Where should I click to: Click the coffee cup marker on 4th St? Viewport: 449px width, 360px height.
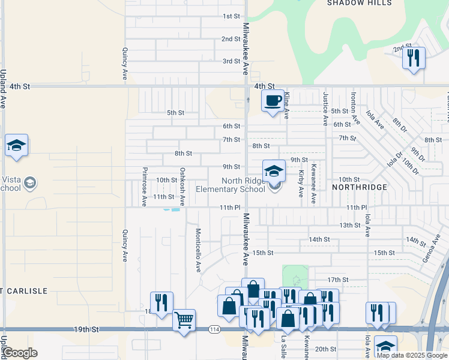[x=274, y=100]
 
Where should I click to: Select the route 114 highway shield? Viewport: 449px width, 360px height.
[x=214, y=330]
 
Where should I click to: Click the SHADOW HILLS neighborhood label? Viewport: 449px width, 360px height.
[x=359, y=3]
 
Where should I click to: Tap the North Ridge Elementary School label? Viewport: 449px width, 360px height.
[x=243, y=185]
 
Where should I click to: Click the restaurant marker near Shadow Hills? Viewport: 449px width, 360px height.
[x=413, y=58]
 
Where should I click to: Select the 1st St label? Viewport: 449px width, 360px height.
[x=231, y=16]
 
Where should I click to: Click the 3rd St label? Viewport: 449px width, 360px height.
[x=231, y=61]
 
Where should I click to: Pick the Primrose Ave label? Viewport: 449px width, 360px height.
[x=144, y=187]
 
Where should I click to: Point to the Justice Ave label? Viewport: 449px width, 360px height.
[x=325, y=109]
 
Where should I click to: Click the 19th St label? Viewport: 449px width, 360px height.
[x=86, y=329]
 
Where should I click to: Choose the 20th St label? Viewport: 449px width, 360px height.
[x=325, y=349]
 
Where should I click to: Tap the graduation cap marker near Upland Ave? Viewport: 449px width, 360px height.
[x=17, y=145]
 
